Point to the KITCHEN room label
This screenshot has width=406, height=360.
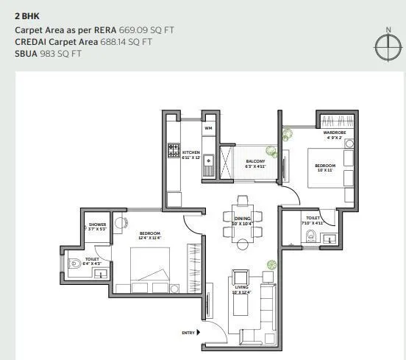pos(190,152)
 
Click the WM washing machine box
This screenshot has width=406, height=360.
pos(208,128)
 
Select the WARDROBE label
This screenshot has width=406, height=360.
pos(335,133)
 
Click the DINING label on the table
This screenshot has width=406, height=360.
pos(242,219)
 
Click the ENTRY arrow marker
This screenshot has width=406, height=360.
pos(199,333)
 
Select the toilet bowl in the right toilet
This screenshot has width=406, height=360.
pos(310,236)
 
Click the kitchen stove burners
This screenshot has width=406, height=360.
pos(174,150)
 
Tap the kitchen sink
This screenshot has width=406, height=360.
pos(209,159)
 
